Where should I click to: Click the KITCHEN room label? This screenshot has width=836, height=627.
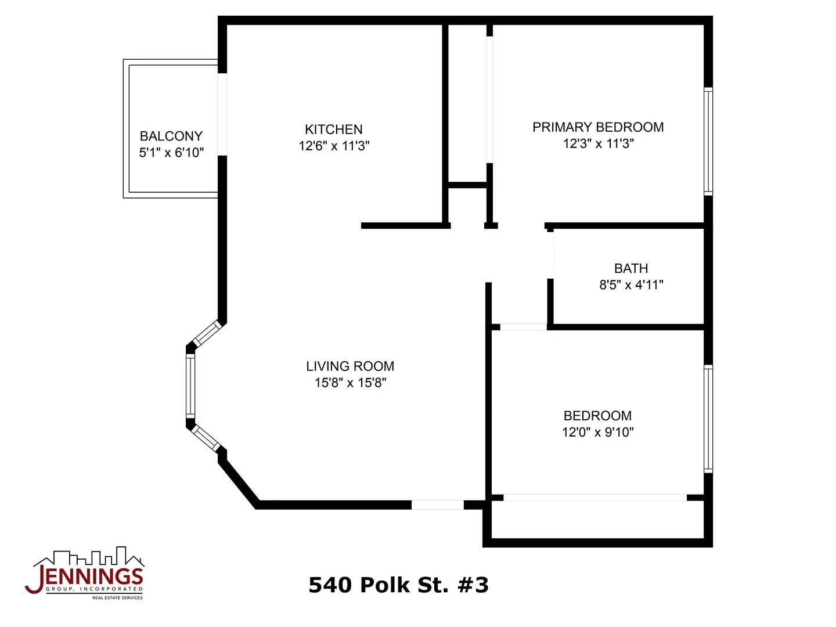pos(333,129)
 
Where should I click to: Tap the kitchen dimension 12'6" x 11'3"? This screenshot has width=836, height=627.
pos(334,146)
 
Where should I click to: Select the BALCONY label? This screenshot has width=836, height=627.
pos(171,136)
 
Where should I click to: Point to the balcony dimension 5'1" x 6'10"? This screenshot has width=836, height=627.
pos(171,153)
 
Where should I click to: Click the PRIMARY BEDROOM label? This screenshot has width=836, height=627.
pos(597,127)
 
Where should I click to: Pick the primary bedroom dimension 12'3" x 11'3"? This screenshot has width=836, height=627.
pos(599,144)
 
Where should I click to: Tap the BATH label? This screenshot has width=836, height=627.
pos(630,268)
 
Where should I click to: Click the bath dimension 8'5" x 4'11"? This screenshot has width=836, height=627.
pos(631,284)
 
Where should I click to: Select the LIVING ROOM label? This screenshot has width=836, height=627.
pos(350,366)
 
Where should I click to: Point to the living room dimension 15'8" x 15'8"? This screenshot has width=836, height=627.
pos(350,383)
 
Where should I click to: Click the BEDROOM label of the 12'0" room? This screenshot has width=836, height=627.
pos(597,416)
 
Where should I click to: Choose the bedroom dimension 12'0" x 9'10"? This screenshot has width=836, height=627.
pos(597,433)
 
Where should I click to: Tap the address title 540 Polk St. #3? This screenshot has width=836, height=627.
pos(398,585)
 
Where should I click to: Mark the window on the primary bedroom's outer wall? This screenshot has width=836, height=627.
pos(708,141)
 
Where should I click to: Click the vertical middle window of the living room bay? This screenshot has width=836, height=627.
pos(190,385)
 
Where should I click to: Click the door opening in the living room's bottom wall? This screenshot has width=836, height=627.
pos(437,505)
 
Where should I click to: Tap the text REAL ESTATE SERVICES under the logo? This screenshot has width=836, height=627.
pos(117,598)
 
